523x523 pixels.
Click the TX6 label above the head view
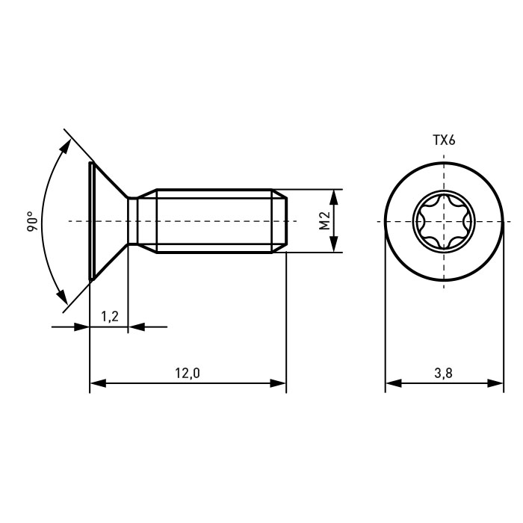tap(444, 140)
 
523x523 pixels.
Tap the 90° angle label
tap(33, 221)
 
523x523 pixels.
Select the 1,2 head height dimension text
tap(110, 316)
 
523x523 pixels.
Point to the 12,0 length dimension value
tap(188, 374)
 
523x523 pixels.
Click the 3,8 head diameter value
tap(443, 374)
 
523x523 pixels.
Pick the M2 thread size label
tap(324, 221)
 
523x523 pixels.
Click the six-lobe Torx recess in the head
tap(443, 221)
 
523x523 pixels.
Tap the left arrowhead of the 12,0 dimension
tap(98, 383)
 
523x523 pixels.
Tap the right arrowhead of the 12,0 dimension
tap(278, 383)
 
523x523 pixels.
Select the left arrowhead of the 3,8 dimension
tap(394, 383)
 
